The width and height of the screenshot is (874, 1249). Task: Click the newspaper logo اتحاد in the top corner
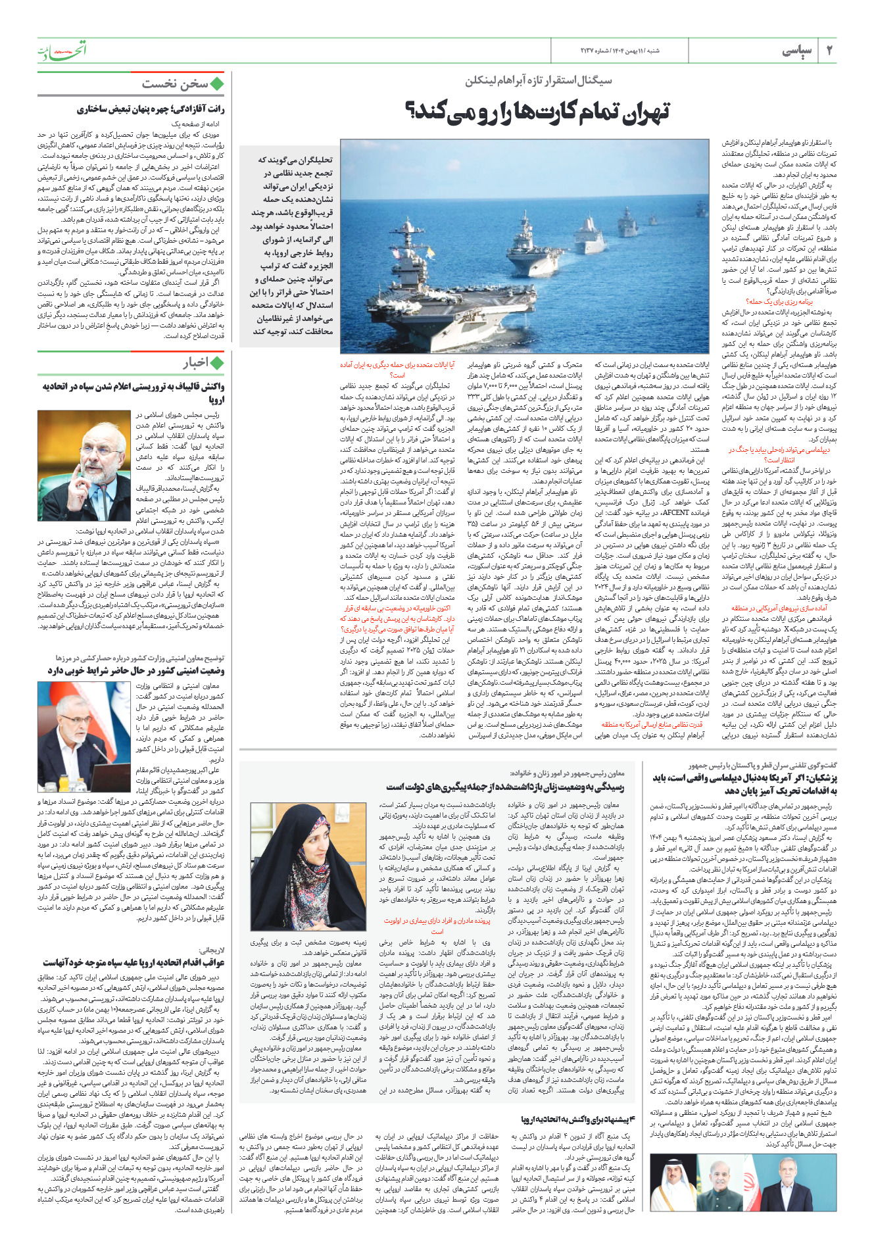point(62,51)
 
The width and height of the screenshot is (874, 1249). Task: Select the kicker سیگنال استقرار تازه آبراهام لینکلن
point(539,81)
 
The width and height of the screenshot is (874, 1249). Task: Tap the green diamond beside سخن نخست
point(217,84)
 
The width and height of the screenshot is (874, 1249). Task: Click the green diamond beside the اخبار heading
point(217,362)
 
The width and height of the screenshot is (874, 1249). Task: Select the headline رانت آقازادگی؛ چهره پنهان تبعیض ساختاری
point(151,109)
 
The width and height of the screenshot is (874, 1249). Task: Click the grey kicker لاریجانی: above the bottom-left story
point(212,950)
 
